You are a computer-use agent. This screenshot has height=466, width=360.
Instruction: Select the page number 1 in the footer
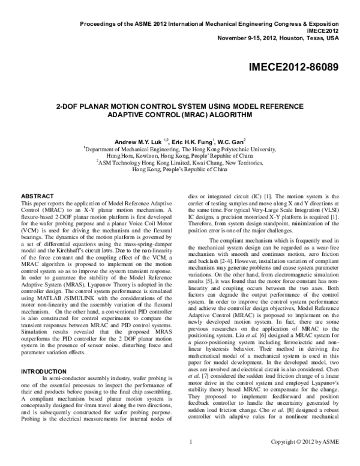click(x=189, y=459)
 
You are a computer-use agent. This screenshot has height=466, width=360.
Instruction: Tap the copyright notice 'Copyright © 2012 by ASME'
click(x=305, y=459)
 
